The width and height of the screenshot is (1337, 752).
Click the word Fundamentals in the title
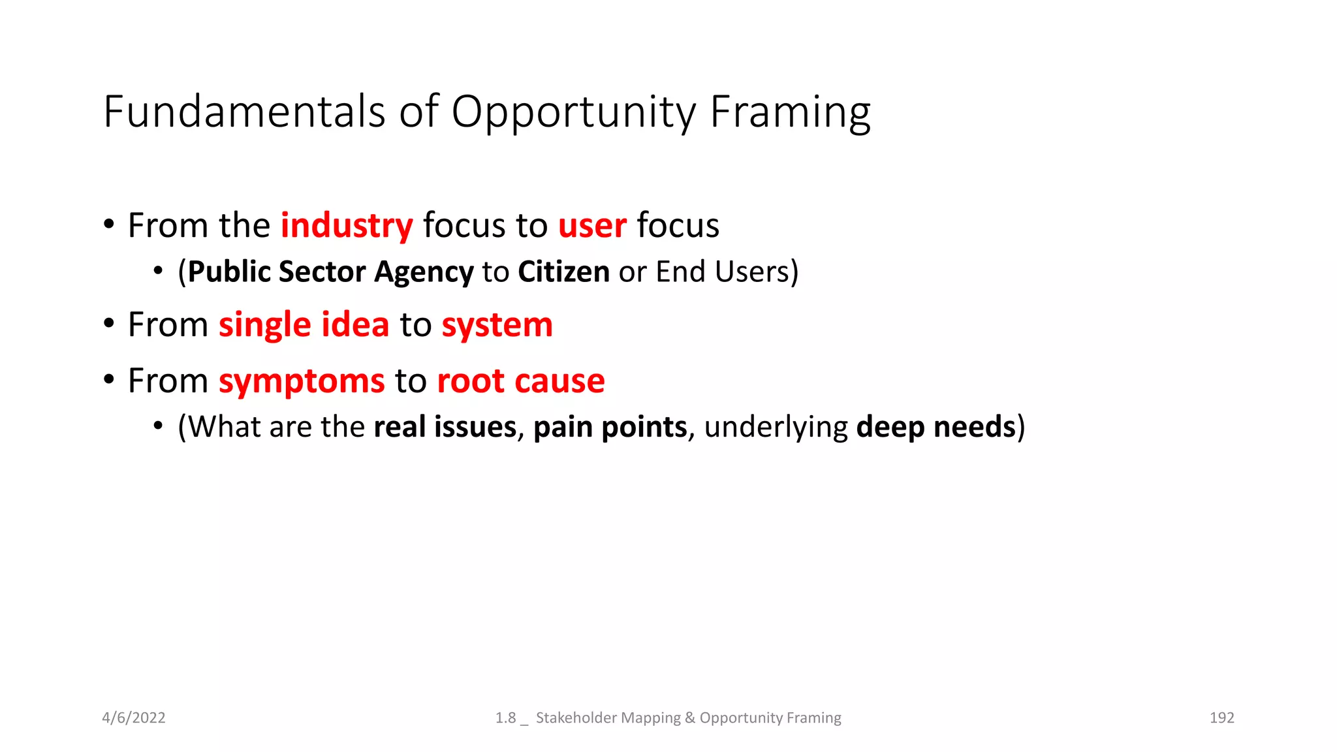click(x=245, y=112)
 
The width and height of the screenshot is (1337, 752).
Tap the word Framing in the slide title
click(x=790, y=112)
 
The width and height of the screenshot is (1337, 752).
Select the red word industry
click(x=347, y=226)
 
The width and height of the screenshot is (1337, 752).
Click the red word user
click(x=592, y=226)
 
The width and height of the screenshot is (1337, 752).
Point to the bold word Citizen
click(x=563, y=272)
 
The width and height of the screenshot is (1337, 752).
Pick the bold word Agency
click(x=424, y=272)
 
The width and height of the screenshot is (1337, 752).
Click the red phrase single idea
click(x=304, y=325)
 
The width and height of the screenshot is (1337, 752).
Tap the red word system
click(x=497, y=325)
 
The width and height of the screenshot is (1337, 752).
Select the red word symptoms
click(x=302, y=381)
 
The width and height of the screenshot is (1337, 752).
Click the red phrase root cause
click(x=520, y=381)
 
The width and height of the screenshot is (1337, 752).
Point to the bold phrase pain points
click(x=610, y=428)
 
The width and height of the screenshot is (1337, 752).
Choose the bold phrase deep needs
click(x=936, y=428)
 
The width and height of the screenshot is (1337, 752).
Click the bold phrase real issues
click(x=445, y=428)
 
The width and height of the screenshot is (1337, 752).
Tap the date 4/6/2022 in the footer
click(x=134, y=718)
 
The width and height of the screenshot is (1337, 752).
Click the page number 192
click(x=1221, y=718)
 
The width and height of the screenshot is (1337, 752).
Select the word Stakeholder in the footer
click(x=576, y=718)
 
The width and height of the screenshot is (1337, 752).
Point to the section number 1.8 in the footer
click(x=505, y=718)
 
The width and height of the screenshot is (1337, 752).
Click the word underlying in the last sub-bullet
click(x=776, y=428)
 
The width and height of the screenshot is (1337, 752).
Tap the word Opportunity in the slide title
click(x=574, y=112)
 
